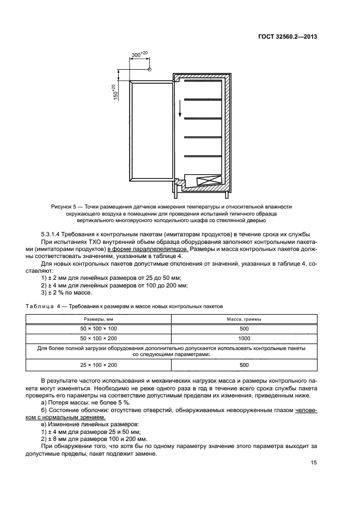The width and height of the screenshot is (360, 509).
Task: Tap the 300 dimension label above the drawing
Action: click(139, 54)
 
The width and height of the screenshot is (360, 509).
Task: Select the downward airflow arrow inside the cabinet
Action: click(180, 113)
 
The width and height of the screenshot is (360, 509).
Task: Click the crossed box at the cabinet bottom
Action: click(209, 182)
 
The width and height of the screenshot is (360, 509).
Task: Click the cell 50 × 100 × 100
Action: click(99, 329)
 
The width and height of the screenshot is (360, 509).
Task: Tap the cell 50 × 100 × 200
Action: click(99, 338)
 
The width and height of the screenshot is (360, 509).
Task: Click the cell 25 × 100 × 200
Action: click(99, 365)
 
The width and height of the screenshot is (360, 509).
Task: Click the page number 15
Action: click(314, 463)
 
